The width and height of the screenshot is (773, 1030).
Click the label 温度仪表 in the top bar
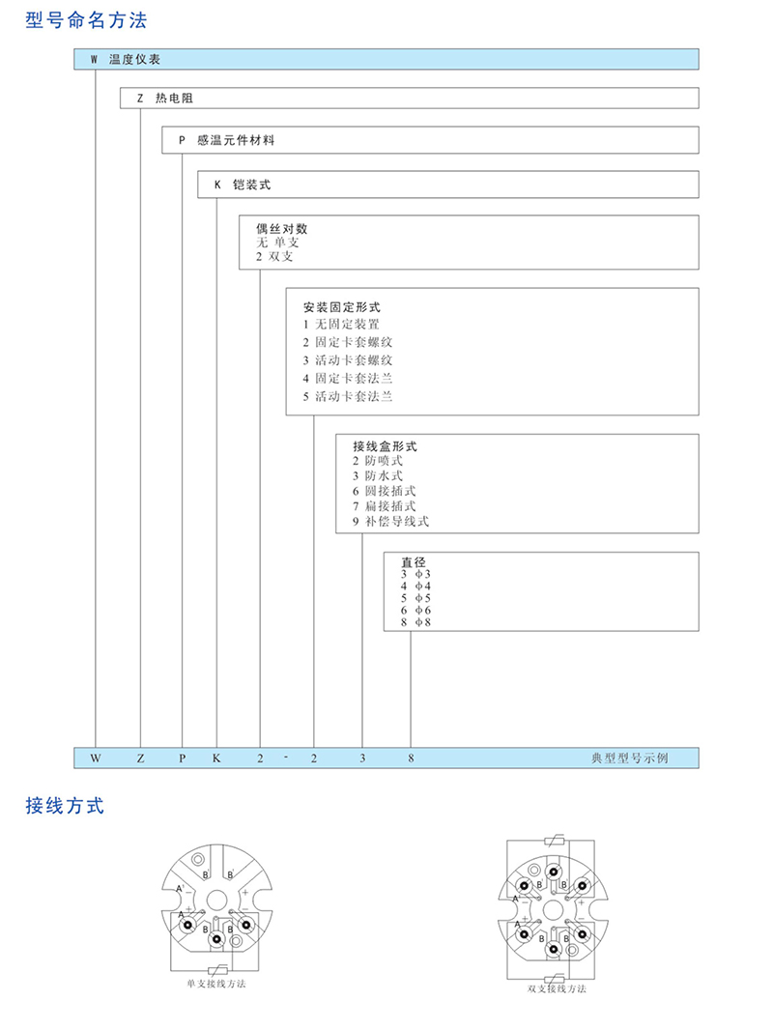coord(141,60)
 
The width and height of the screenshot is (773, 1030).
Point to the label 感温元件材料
coord(236,141)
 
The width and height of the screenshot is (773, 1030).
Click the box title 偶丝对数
coord(281,229)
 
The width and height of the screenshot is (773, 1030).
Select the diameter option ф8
coord(422,622)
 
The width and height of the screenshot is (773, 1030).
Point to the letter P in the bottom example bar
coord(182,758)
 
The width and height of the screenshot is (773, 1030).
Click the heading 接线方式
coord(65,806)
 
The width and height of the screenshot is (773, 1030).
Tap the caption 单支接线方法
coord(216,984)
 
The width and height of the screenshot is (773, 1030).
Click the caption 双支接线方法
coord(557,989)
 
